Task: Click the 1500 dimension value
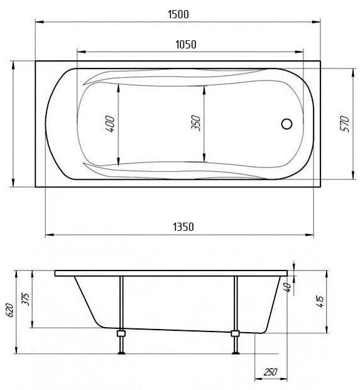[178, 14]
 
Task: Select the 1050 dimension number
[186, 45]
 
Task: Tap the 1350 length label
[183, 227]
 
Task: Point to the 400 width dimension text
[110, 124]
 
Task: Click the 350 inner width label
[196, 123]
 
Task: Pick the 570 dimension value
[345, 124]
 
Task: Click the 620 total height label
[10, 310]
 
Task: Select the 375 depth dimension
[26, 299]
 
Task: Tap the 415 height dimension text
[320, 301]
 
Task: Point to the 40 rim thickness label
[288, 287]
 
